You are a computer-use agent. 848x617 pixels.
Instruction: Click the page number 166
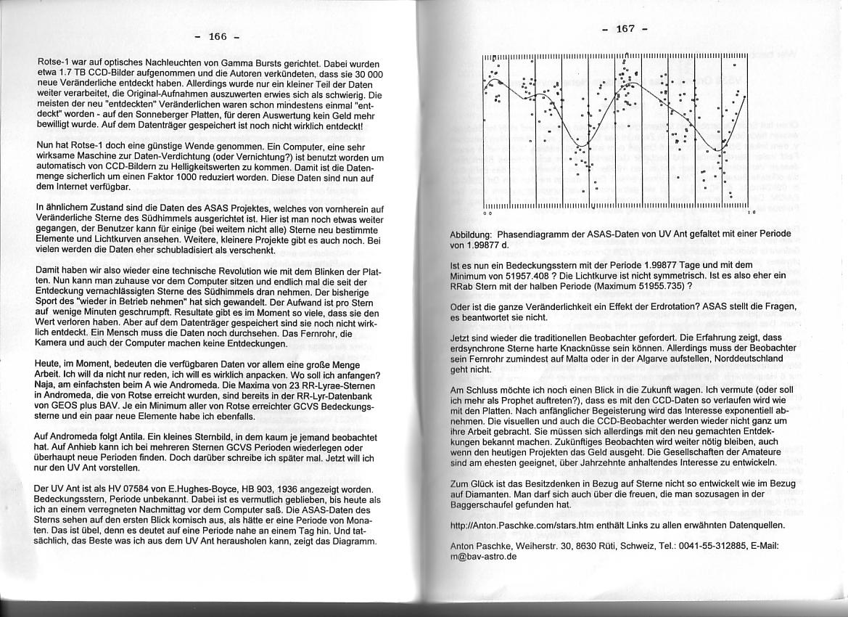coord(218,36)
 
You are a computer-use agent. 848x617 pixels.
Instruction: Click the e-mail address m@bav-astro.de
coord(484,557)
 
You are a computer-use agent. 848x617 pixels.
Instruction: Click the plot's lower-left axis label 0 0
coord(487,213)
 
